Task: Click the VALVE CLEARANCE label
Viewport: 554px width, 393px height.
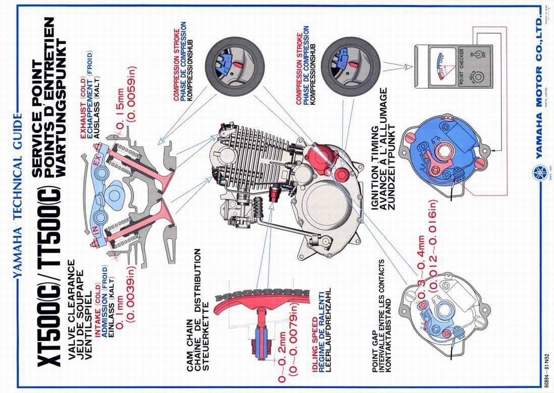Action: click(x=71, y=302)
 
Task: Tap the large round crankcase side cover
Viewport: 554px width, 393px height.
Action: click(x=325, y=205)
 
